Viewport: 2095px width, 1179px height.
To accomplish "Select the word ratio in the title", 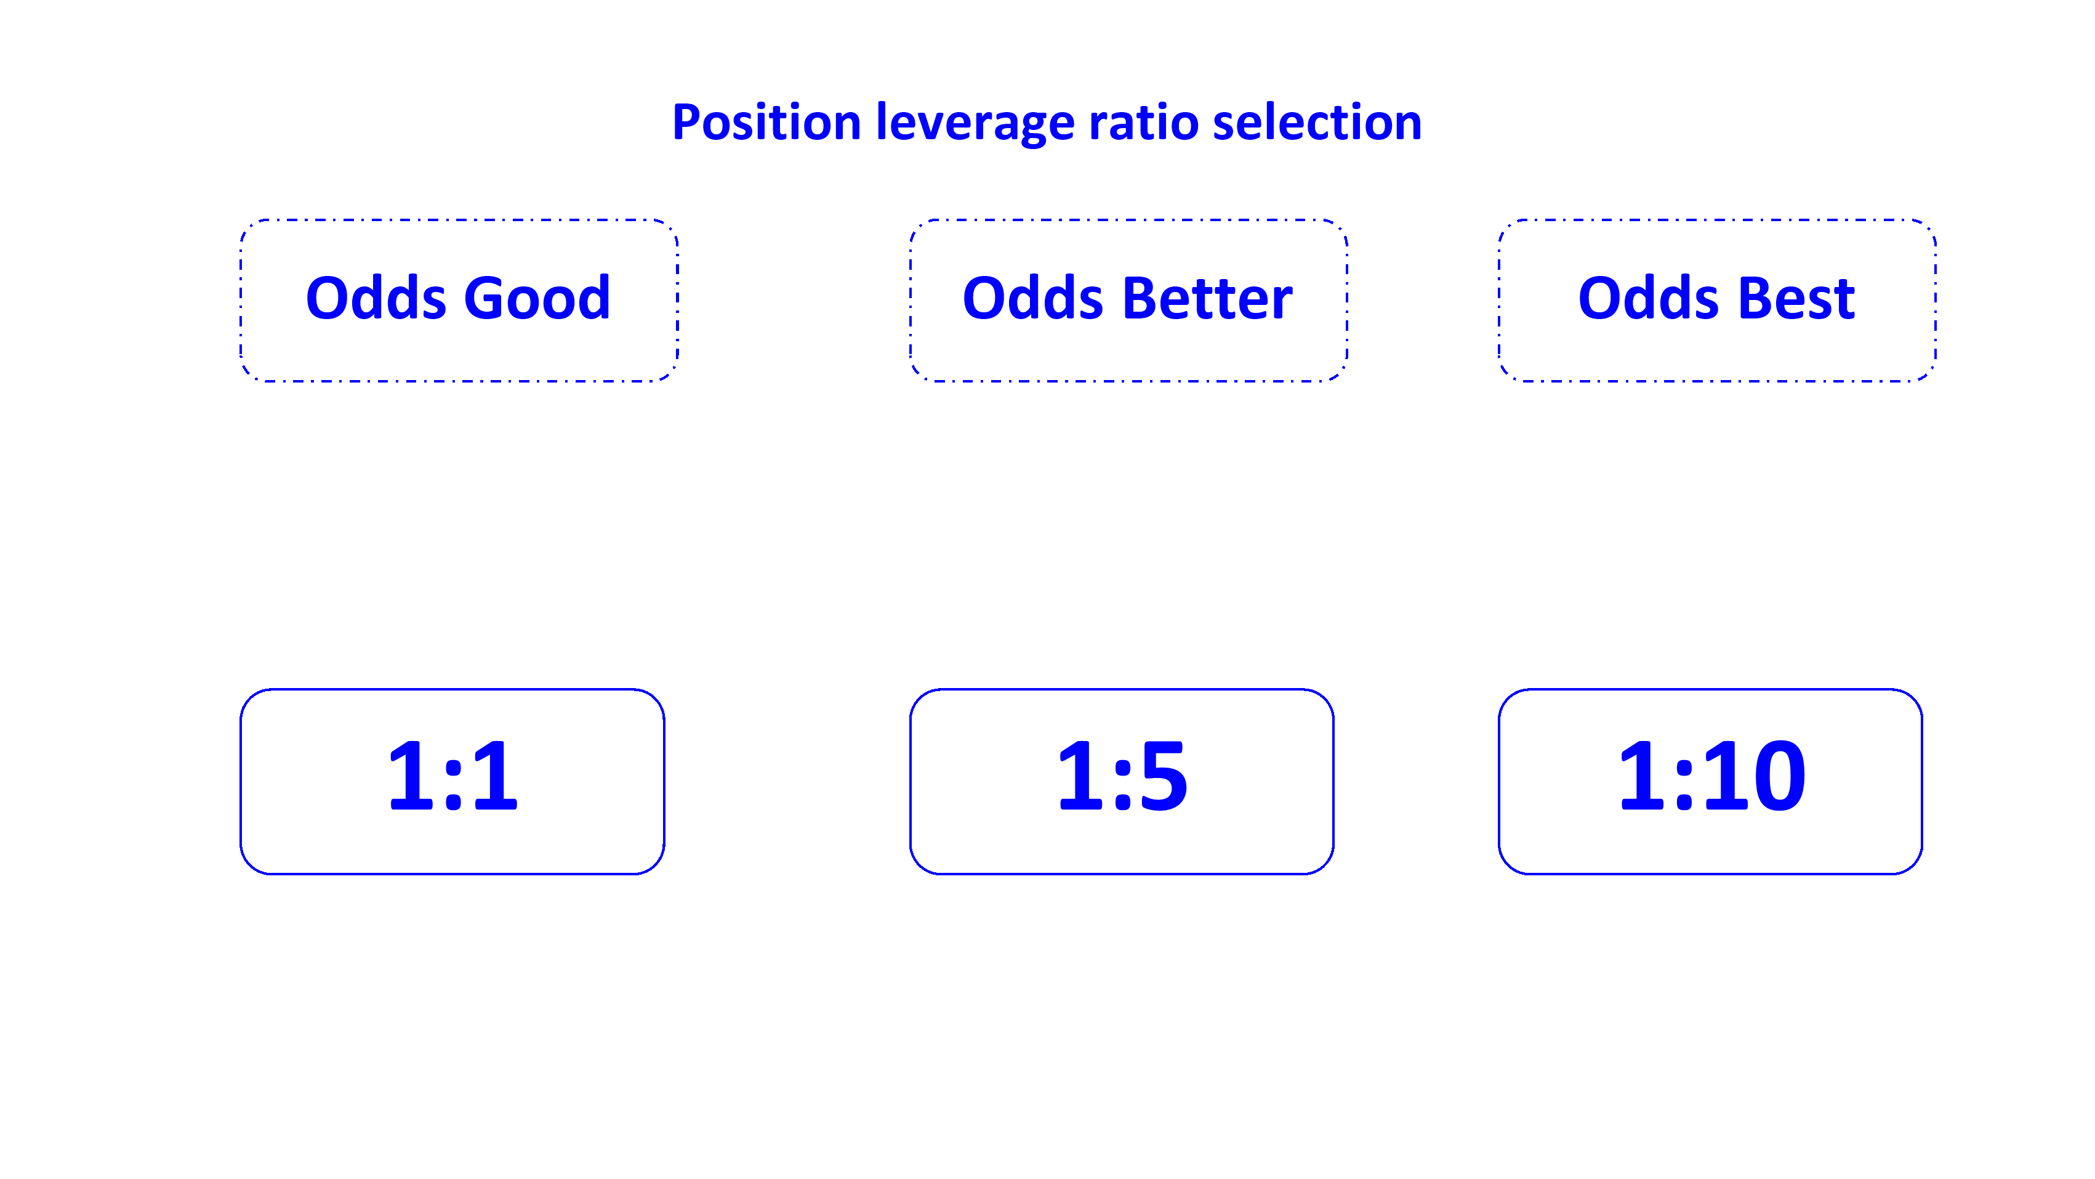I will click(1143, 124).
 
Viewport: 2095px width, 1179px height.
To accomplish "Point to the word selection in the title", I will click(1317, 124).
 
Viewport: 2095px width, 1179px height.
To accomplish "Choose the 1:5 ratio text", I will click(1122, 776).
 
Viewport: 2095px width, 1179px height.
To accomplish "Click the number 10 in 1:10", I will click(1756, 776).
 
